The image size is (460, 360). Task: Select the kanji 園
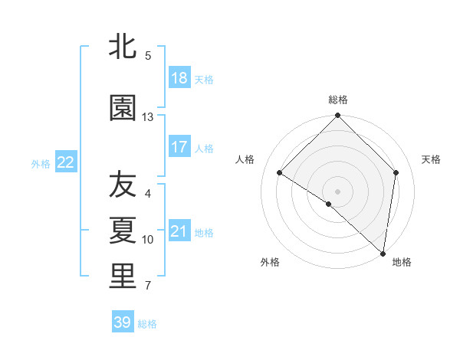pos(123,108)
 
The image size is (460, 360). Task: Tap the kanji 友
pos(123,185)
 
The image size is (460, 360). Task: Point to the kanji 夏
pos(123,231)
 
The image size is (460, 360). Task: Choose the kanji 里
pos(123,277)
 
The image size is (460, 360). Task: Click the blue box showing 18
pos(179,78)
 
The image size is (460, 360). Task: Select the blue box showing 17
pos(179,147)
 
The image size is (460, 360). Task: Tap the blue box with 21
pos(179,231)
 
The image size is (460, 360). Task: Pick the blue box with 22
pos(66,162)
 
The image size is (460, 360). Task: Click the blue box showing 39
pos(123,322)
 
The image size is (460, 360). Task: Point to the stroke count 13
pos(148,117)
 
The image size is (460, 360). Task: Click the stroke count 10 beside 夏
pos(148,240)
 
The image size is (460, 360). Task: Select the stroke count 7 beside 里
pos(148,286)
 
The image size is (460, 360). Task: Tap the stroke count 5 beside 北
pos(148,55)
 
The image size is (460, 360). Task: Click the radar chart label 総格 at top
pos(338,100)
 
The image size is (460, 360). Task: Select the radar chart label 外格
pos(270,262)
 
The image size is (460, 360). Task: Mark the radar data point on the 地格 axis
pos(383,253)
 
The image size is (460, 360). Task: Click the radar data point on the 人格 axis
pos(280,173)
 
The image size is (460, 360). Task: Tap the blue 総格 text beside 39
pos(147,324)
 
